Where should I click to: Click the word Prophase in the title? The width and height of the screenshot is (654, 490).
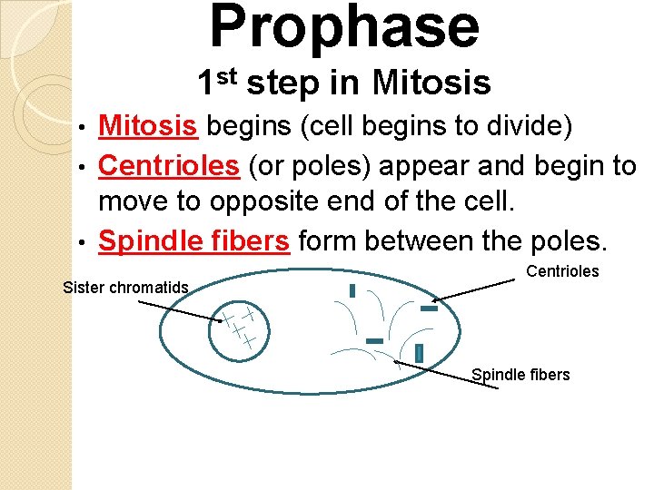point(344,26)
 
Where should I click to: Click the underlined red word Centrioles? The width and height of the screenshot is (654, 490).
point(168,165)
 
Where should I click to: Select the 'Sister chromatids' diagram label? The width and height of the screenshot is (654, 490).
point(125,288)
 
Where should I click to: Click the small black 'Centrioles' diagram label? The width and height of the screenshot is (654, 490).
point(562,271)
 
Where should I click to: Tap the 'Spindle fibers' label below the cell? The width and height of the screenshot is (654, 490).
point(520,375)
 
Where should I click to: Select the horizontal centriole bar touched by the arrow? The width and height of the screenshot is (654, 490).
point(429,309)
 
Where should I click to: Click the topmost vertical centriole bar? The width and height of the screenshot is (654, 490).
point(352,290)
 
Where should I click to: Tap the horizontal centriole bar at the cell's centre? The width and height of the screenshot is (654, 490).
point(374,340)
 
